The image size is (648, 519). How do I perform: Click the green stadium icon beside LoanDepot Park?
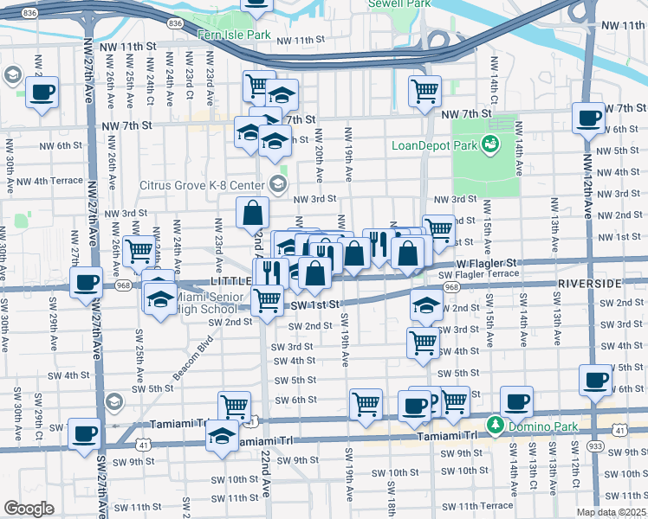tap(490, 143)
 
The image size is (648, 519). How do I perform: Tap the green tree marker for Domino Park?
tap(495, 425)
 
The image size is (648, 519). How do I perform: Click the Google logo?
tap(29, 509)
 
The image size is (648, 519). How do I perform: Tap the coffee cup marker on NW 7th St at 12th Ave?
tap(589, 118)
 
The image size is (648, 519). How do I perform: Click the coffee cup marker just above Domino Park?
tap(516, 401)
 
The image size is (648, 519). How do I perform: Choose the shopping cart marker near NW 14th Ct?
tap(424, 90)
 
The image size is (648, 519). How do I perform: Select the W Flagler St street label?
tap(486, 261)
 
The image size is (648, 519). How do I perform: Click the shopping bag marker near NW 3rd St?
tap(252, 212)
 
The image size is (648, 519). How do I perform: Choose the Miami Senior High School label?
tap(204, 303)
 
